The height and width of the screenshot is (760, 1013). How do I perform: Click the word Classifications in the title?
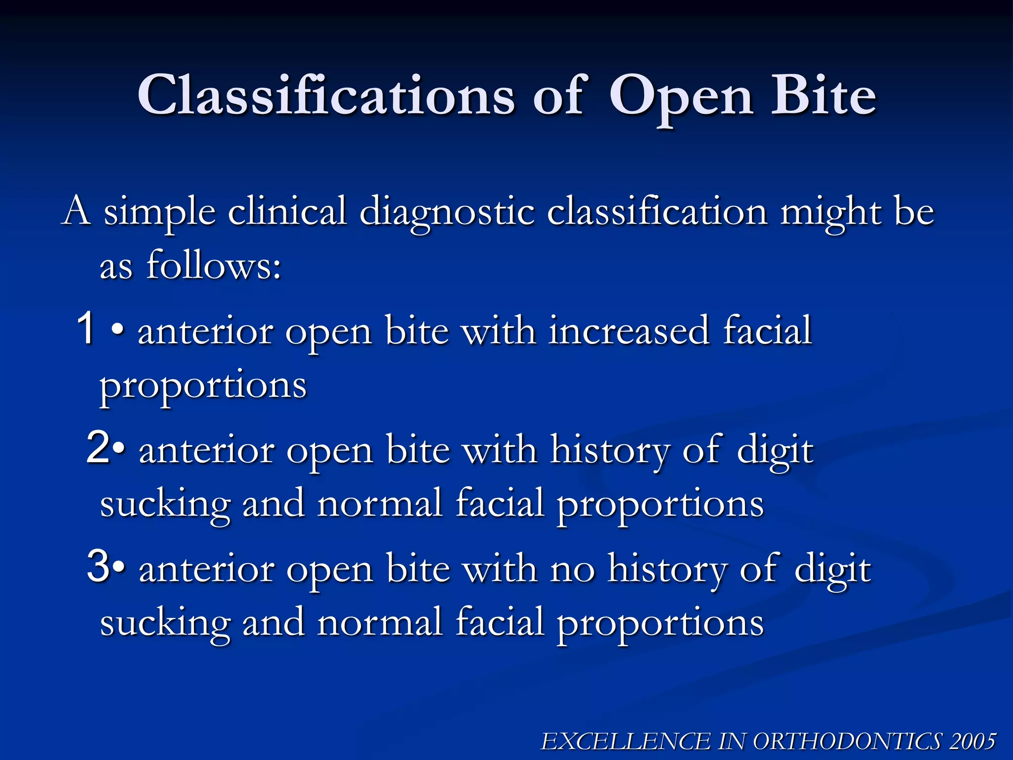point(326,95)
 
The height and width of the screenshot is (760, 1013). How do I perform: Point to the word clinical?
point(287,212)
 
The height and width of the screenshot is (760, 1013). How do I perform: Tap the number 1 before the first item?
point(86,328)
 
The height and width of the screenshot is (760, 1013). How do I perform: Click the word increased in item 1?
point(629,331)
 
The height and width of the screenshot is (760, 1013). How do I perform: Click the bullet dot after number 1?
point(117,330)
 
